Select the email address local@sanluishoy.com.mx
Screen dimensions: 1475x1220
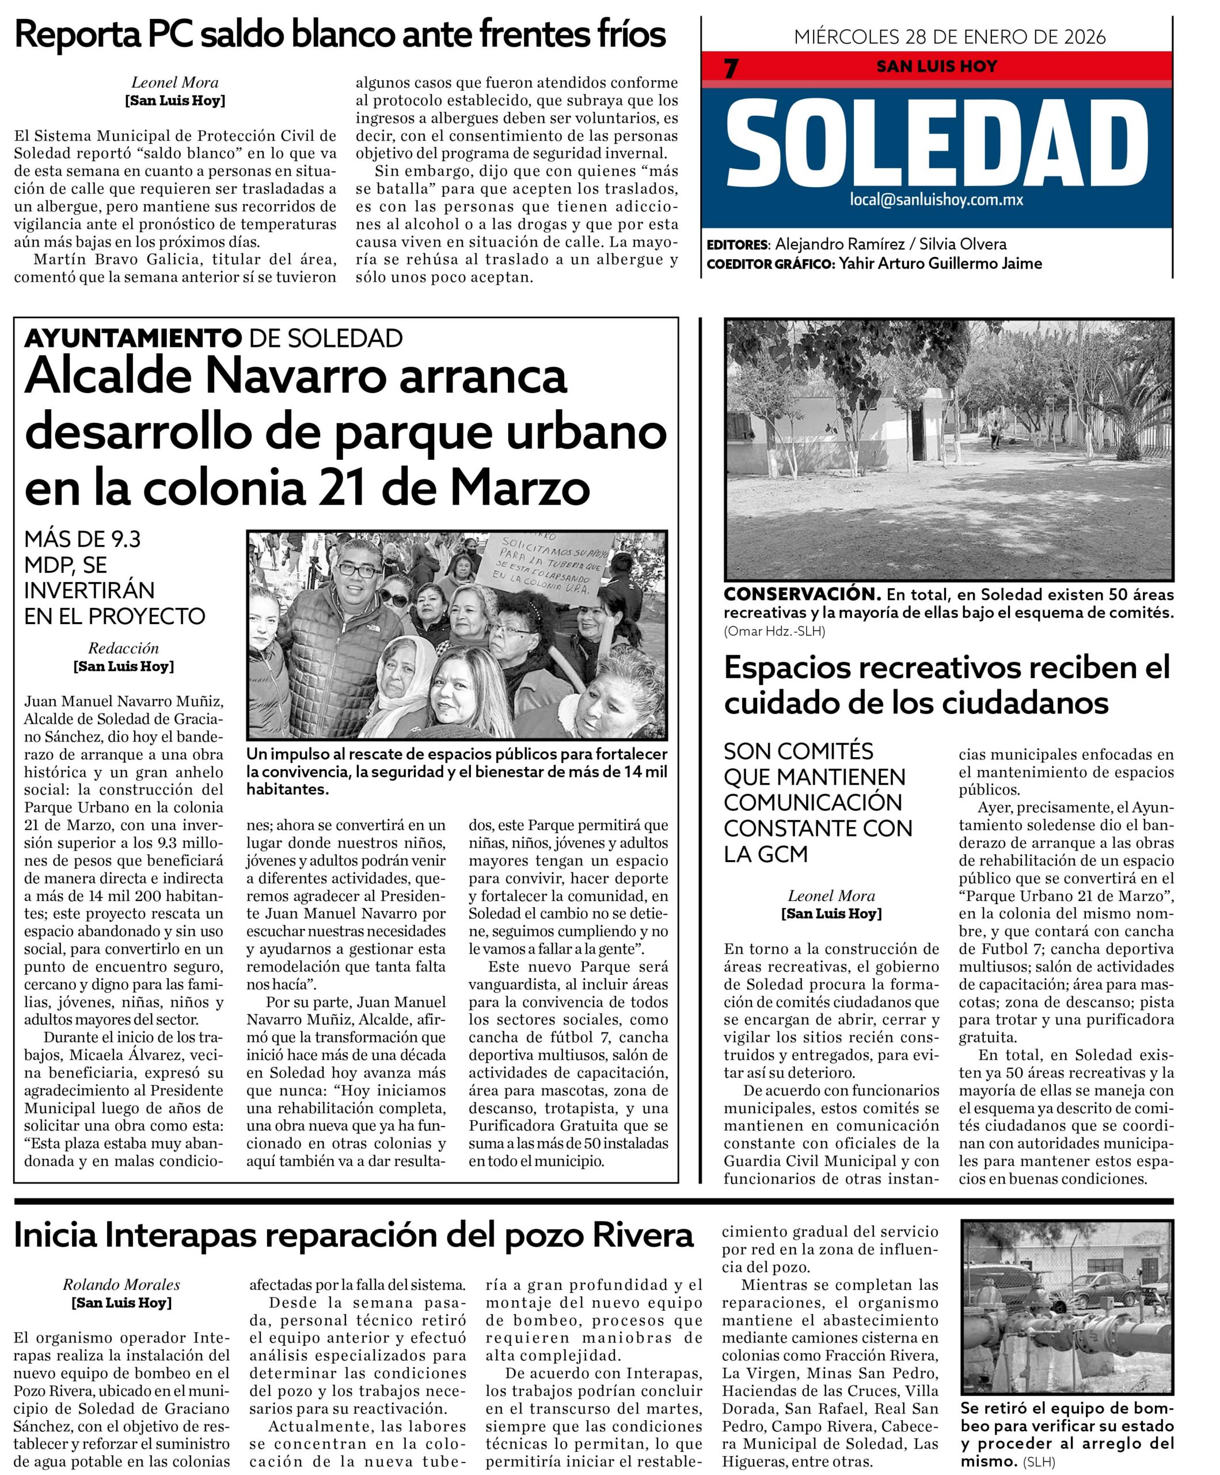[936, 199]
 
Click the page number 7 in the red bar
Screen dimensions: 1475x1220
[731, 69]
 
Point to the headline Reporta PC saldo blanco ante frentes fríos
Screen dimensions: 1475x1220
[340, 34]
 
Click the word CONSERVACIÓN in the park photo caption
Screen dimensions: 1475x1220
[801, 594]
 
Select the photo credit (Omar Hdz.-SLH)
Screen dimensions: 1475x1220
[774, 631]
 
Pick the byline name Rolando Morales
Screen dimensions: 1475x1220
[121, 1285]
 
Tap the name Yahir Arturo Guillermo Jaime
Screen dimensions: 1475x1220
[940, 263]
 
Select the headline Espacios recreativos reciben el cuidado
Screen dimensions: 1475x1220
[947, 683]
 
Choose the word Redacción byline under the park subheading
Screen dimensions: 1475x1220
[124, 648]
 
